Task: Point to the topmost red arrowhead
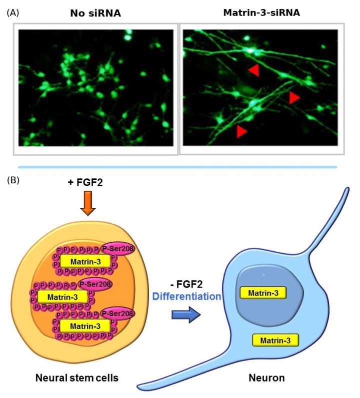[x=254, y=70]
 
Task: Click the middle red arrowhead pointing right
[x=294, y=98]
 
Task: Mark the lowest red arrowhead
[x=241, y=131]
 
